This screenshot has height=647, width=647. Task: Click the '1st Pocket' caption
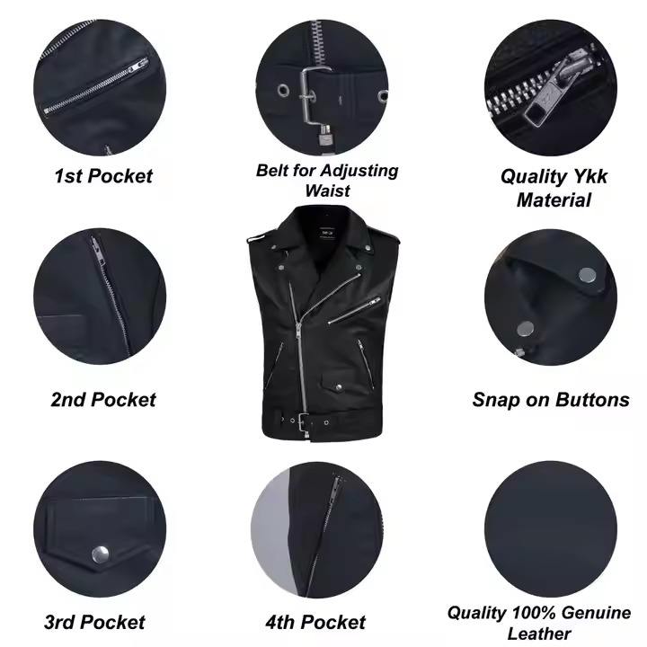[x=103, y=176]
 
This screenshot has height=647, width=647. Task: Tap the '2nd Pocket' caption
[x=103, y=399]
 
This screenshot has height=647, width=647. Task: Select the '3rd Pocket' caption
[x=94, y=622]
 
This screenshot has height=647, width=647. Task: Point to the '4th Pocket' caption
[x=315, y=622]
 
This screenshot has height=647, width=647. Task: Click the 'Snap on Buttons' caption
[x=551, y=399]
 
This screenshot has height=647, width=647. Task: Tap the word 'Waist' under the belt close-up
[x=328, y=191]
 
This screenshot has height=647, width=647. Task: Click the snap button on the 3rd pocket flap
[x=101, y=554]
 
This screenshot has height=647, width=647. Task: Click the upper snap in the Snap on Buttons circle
[x=587, y=276]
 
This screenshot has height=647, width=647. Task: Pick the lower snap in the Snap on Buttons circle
[x=526, y=329]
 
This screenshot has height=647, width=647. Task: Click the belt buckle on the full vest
[x=304, y=421]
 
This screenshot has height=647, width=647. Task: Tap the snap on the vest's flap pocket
[x=339, y=386]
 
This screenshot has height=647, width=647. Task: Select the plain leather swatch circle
[x=551, y=529]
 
